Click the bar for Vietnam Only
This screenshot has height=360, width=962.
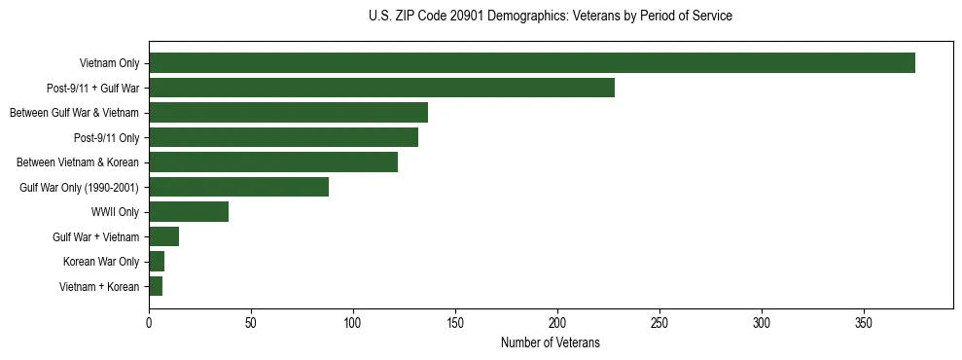532,63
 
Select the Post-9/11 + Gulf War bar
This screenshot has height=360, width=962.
381,88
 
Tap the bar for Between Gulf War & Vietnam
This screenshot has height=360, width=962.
288,113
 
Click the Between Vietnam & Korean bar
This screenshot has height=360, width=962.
273,162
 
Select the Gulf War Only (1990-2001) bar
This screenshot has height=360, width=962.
238,187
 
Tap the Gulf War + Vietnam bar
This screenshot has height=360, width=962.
163,236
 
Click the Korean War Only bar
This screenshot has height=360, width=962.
157,262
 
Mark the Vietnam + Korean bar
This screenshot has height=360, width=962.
156,286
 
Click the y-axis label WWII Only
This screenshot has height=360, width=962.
115,212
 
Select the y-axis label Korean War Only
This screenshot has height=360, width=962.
101,262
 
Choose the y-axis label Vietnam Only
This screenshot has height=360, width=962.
109,63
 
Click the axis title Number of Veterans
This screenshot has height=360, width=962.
550,343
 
